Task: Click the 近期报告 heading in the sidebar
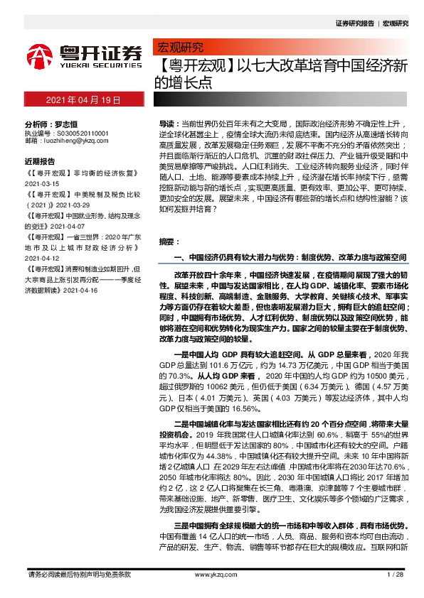tap(44, 161)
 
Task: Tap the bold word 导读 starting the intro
tap(165, 123)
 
